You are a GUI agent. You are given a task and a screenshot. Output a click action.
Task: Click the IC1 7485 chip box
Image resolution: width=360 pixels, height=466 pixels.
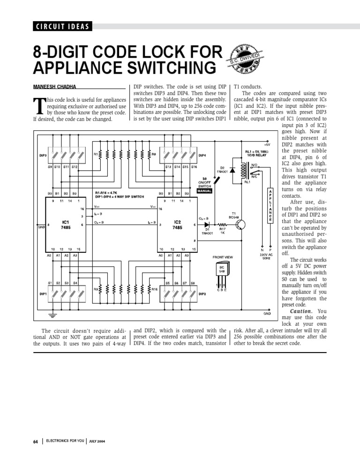(66, 224)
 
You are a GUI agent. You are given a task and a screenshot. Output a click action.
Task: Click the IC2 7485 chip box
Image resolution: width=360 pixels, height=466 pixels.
(177, 224)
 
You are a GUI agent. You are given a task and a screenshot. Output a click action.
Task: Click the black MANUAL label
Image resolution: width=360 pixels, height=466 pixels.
(205, 191)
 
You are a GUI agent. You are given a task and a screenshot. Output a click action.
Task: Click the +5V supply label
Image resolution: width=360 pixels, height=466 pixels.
(267, 145)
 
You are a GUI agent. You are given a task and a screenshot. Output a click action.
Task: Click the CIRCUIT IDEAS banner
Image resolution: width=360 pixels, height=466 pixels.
(62, 26)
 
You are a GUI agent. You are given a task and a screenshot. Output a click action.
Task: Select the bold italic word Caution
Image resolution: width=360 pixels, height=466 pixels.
(301, 311)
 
